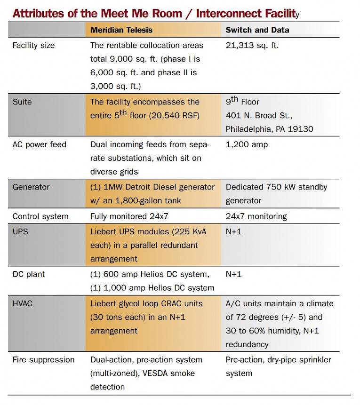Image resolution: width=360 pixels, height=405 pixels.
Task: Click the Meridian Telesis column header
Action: (121, 30)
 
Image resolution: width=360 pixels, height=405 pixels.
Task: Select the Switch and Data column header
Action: (257, 30)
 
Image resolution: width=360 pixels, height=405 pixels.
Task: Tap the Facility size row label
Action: (33, 46)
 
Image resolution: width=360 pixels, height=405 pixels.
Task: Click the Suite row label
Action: (22, 102)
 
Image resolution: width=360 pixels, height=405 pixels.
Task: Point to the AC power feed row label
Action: (40, 144)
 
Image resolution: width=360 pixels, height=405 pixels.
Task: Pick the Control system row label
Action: (40, 216)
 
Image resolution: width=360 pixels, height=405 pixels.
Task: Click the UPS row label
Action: (20, 231)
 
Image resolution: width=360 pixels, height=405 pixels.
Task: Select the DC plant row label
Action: (29, 274)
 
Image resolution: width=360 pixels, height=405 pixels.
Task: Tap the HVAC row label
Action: (23, 303)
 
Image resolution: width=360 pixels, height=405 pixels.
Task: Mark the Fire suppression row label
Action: (43, 360)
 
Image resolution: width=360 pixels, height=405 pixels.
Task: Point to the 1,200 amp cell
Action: (247, 144)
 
